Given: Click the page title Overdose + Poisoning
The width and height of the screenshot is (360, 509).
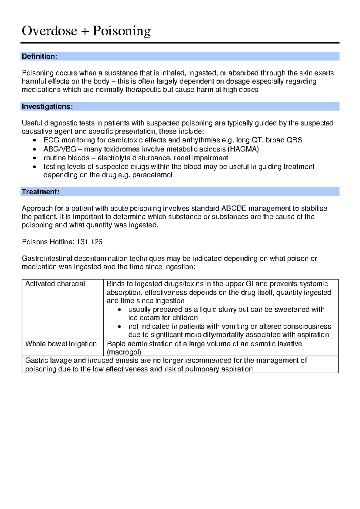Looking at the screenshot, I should [86, 31].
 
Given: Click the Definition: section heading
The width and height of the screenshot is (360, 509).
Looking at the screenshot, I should [39, 56].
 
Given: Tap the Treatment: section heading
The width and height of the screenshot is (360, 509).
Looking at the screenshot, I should [40, 192].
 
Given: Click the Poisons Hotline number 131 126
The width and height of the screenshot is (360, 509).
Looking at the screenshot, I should [89, 242].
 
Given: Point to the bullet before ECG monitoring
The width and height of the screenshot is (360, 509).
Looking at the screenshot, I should [35, 140].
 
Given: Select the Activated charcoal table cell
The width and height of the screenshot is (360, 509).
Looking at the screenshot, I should [55, 284].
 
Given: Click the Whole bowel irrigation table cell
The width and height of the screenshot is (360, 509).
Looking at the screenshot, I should [61, 344].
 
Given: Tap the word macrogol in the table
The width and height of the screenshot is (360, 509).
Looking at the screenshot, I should [124, 352].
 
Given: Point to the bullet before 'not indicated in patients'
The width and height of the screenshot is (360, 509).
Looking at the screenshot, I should [120, 327].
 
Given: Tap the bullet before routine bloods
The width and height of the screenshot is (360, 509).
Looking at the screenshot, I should [35, 158].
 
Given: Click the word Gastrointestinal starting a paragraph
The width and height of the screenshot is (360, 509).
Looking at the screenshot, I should [47, 258].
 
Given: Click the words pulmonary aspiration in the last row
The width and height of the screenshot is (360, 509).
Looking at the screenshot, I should [219, 369].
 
